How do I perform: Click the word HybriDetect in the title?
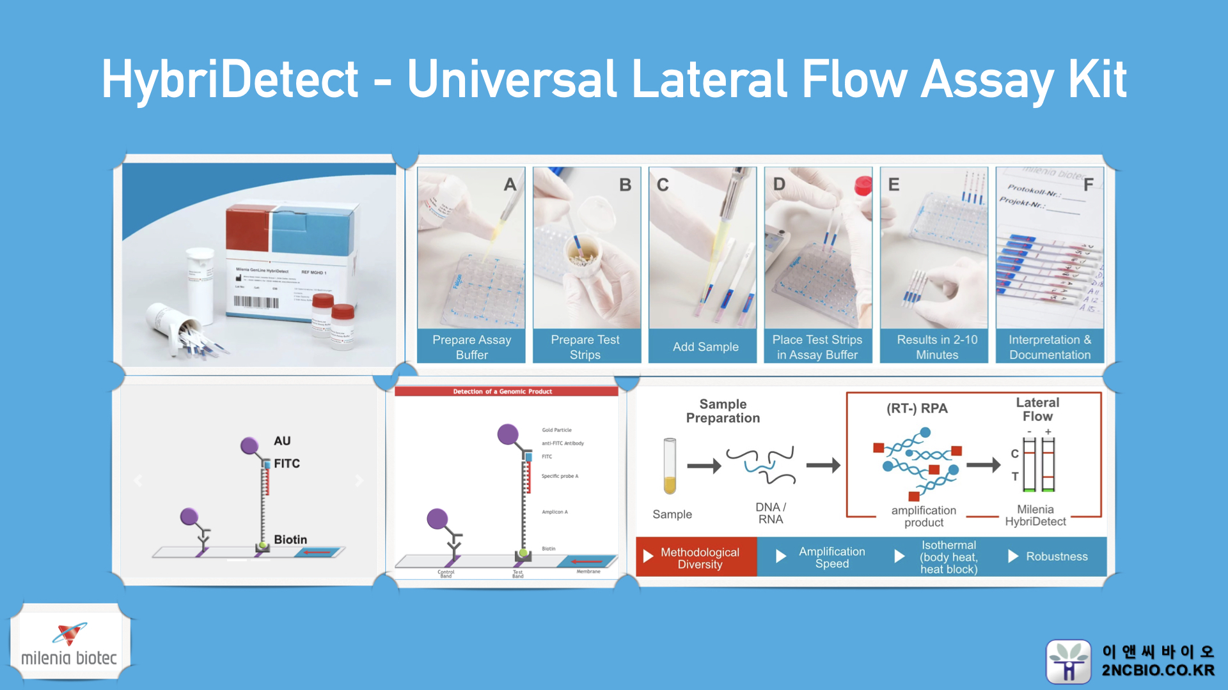pos(230,80)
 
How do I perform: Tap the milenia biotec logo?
pos(69,644)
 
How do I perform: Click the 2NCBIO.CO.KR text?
pos(1158,670)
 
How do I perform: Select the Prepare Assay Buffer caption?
pos(471,347)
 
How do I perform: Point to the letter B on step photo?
pos(625,185)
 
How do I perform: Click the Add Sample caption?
pos(705,347)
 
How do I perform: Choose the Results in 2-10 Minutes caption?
pos(936,347)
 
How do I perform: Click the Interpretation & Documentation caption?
pos(1050,347)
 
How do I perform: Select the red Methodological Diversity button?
pos(697,558)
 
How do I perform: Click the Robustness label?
pos(1056,556)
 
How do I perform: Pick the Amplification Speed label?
pos(831,557)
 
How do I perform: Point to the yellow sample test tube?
pos(670,466)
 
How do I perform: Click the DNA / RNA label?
pos(770,513)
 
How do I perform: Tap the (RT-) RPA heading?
pos(917,409)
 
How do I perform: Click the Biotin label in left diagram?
pos(290,540)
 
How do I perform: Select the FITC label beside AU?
pos(287,464)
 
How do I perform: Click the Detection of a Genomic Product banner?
pos(503,392)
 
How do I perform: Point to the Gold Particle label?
pos(556,430)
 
